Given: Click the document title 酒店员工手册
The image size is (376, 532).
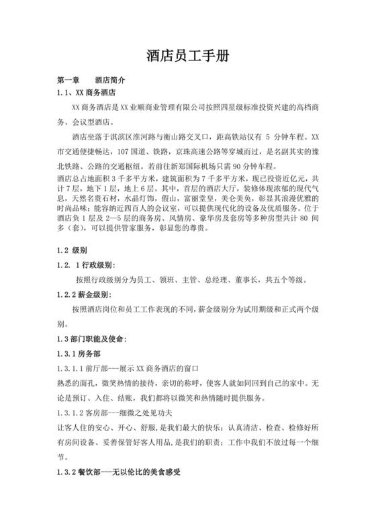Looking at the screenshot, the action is (x=187, y=56).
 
